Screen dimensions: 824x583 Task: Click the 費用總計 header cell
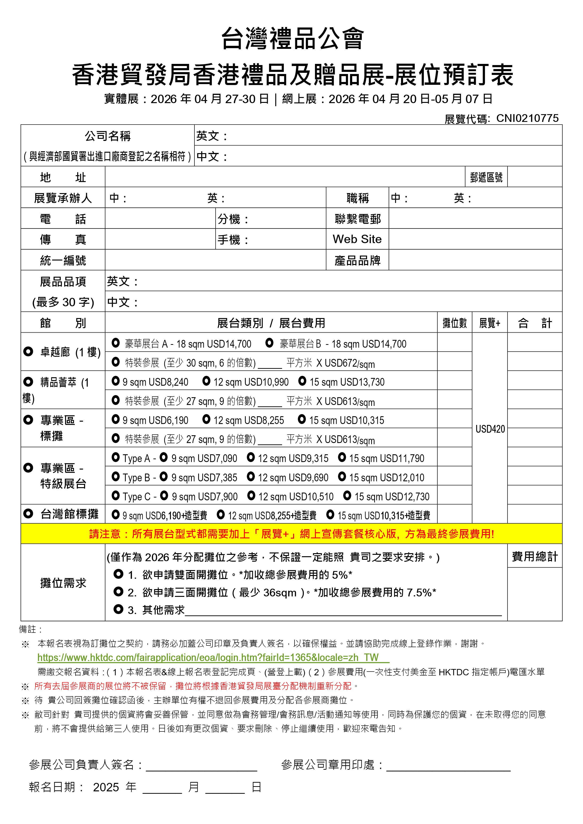click(535, 557)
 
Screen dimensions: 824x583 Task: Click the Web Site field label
click(357, 239)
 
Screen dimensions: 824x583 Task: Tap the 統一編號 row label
click(63, 260)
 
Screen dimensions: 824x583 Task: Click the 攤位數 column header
click(454, 323)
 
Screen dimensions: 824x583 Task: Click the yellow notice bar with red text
click(291, 534)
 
